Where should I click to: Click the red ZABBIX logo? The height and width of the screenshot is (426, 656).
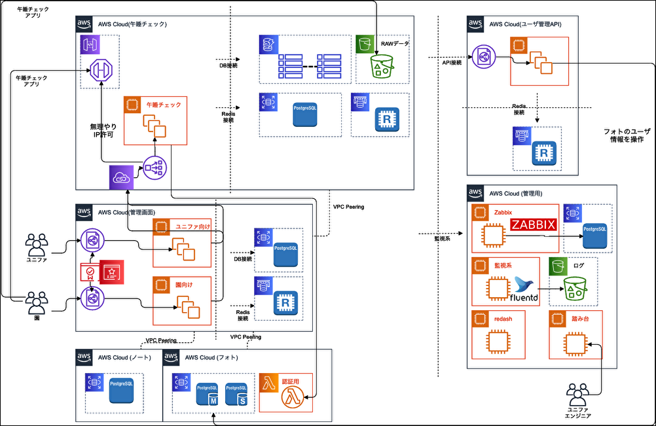(533, 225)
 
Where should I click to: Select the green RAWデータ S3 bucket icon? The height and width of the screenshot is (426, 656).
(380, 66)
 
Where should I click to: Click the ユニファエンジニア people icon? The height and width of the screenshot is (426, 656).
(578, 395)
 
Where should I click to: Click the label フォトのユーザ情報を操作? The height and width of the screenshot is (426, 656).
(623, 135)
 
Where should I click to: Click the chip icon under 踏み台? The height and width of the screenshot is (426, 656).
(575, 342)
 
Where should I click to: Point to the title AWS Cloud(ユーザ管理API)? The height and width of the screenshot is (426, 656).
(525, 24)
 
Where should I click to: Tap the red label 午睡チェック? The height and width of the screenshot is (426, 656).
(164, 105)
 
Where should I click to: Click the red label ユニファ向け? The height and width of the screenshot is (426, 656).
(191, 226)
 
